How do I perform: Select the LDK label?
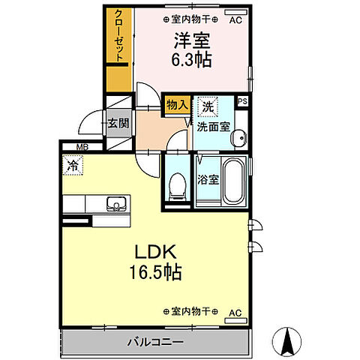(x=155, y=250)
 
